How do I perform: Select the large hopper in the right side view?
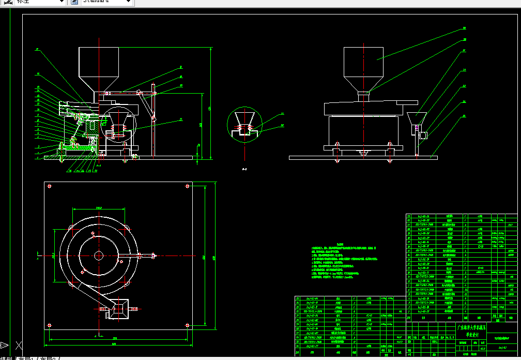tap(364, 67)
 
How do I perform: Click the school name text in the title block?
tap(472, 331)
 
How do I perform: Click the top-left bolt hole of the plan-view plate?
tap(49, 186)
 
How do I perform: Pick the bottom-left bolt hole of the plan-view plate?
tap(49, 326)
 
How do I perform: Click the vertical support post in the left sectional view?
tap(154, 119)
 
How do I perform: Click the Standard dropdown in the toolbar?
tap(106, 2)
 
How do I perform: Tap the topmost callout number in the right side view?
tap(464, 28)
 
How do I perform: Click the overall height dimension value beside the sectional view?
tap(209, 108)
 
